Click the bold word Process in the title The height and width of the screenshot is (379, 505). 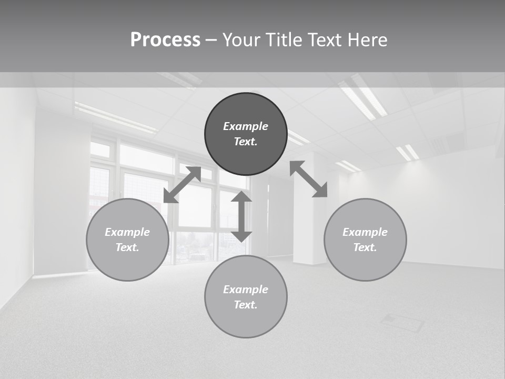click(165, 40)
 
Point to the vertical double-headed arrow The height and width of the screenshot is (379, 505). click(241, 216)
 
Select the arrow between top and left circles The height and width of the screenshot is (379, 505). click(182, 185)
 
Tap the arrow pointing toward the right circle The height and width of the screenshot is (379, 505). click(309, 179)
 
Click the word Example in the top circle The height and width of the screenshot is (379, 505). click(246, 126)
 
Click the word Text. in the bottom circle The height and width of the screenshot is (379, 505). click(246, 305)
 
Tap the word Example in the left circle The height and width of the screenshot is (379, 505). click(127, 232)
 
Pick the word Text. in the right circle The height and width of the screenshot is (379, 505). click(365, 247)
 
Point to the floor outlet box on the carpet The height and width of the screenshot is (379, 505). click(403, 322)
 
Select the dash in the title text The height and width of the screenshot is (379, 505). click(211, 40)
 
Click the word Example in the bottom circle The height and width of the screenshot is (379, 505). click(246, 290)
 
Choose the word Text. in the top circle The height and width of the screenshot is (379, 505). click(246, 142)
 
